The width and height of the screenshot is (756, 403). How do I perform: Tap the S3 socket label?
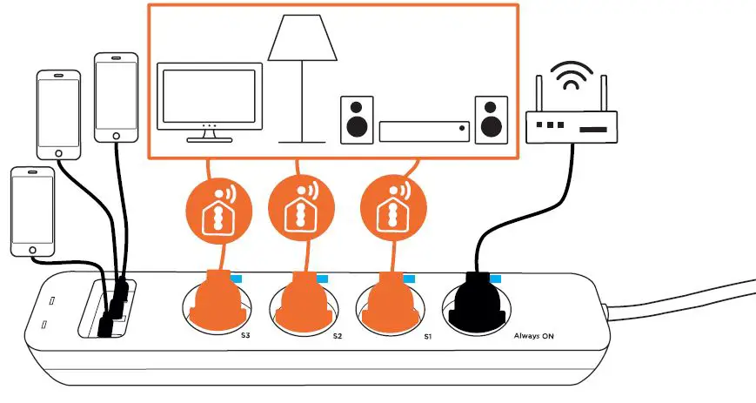[245, 334]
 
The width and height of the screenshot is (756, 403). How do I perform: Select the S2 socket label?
[337, 335]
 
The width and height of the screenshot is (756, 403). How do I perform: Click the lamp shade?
[303, 38]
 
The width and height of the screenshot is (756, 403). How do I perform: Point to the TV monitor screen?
[209, 93]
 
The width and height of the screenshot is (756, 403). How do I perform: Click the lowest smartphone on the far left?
[32, 212]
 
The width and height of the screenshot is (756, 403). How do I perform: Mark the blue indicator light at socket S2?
[322, 279]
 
